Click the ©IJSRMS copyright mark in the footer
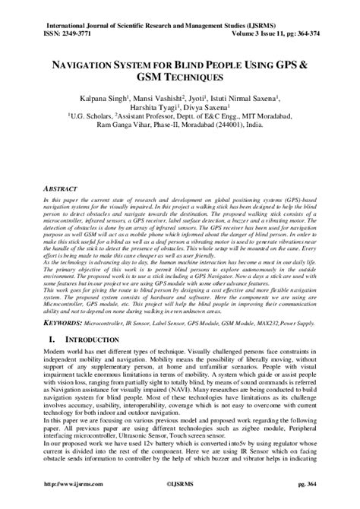180,502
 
